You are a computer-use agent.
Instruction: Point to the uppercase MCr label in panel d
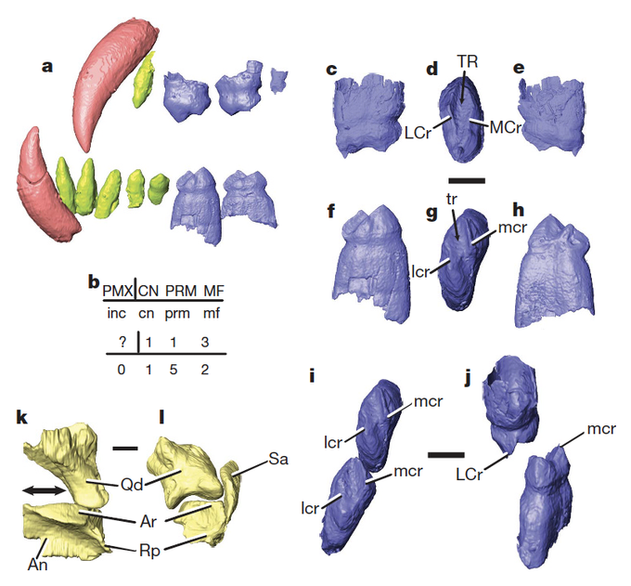(506, 125)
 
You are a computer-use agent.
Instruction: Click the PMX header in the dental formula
(118, 289)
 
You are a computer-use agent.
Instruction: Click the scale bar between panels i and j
(446, 454)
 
